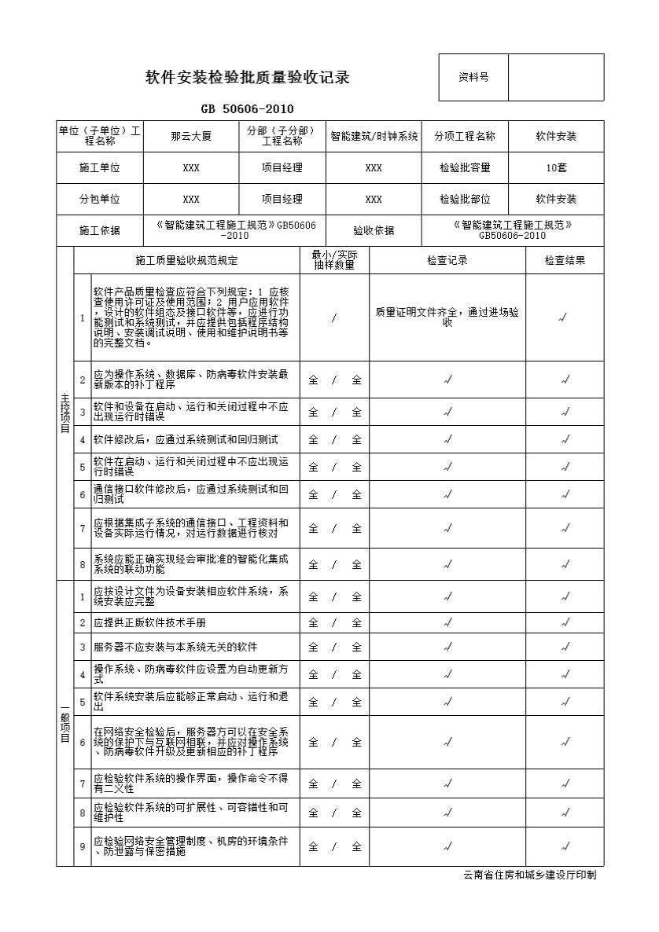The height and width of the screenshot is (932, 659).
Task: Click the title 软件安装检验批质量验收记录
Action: click(x=248, y=77)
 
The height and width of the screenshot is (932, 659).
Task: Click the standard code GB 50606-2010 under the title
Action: click(x=248, y=109)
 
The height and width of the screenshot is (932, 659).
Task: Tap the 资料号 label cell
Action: click(x=473, y=77)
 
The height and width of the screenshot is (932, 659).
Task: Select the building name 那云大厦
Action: click(x=191, y=136)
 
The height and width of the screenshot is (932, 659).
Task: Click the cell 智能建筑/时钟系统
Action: click(x=374, y=136)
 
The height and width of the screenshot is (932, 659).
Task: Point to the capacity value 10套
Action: click(x=556, y=167)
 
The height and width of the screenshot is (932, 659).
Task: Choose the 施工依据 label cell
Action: click(x=100, y=230)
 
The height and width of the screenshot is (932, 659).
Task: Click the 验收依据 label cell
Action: click(x=374, y=230)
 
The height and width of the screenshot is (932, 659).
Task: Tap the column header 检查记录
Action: click(x=447, y=260)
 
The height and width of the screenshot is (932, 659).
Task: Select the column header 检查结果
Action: click(x=565, y=260)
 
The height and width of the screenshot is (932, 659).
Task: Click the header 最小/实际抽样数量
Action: click(x=334, y=260)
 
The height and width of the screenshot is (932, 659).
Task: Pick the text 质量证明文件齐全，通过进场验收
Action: click(x=447, y=317)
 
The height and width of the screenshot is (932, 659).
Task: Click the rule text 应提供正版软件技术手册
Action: click(x=149, y=622)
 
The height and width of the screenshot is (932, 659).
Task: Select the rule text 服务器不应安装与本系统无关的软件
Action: click(x=175, y=647)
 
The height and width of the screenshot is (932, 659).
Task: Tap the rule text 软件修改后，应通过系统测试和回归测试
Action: click(x=186, y=439)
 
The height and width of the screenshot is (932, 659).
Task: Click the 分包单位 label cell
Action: click(x=100, y=199)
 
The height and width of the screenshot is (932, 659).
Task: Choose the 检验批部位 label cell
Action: click(x=465, y=199)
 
